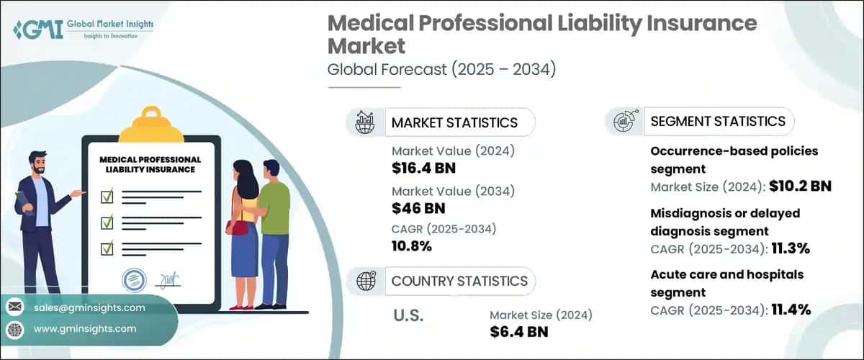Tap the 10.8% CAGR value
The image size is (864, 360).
tap(411, 246)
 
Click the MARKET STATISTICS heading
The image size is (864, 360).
tap(454, 122)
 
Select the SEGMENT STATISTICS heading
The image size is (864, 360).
tap(718, 121)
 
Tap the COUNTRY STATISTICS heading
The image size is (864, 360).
tap(459, 281)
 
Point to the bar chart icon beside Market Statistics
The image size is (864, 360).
tap(364, 122)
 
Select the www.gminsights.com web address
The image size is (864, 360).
tap(84, 329)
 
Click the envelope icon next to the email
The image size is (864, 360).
tap(14, 308)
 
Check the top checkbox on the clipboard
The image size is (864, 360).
tap(107, 194)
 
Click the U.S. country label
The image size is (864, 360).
tap(409, 315)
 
